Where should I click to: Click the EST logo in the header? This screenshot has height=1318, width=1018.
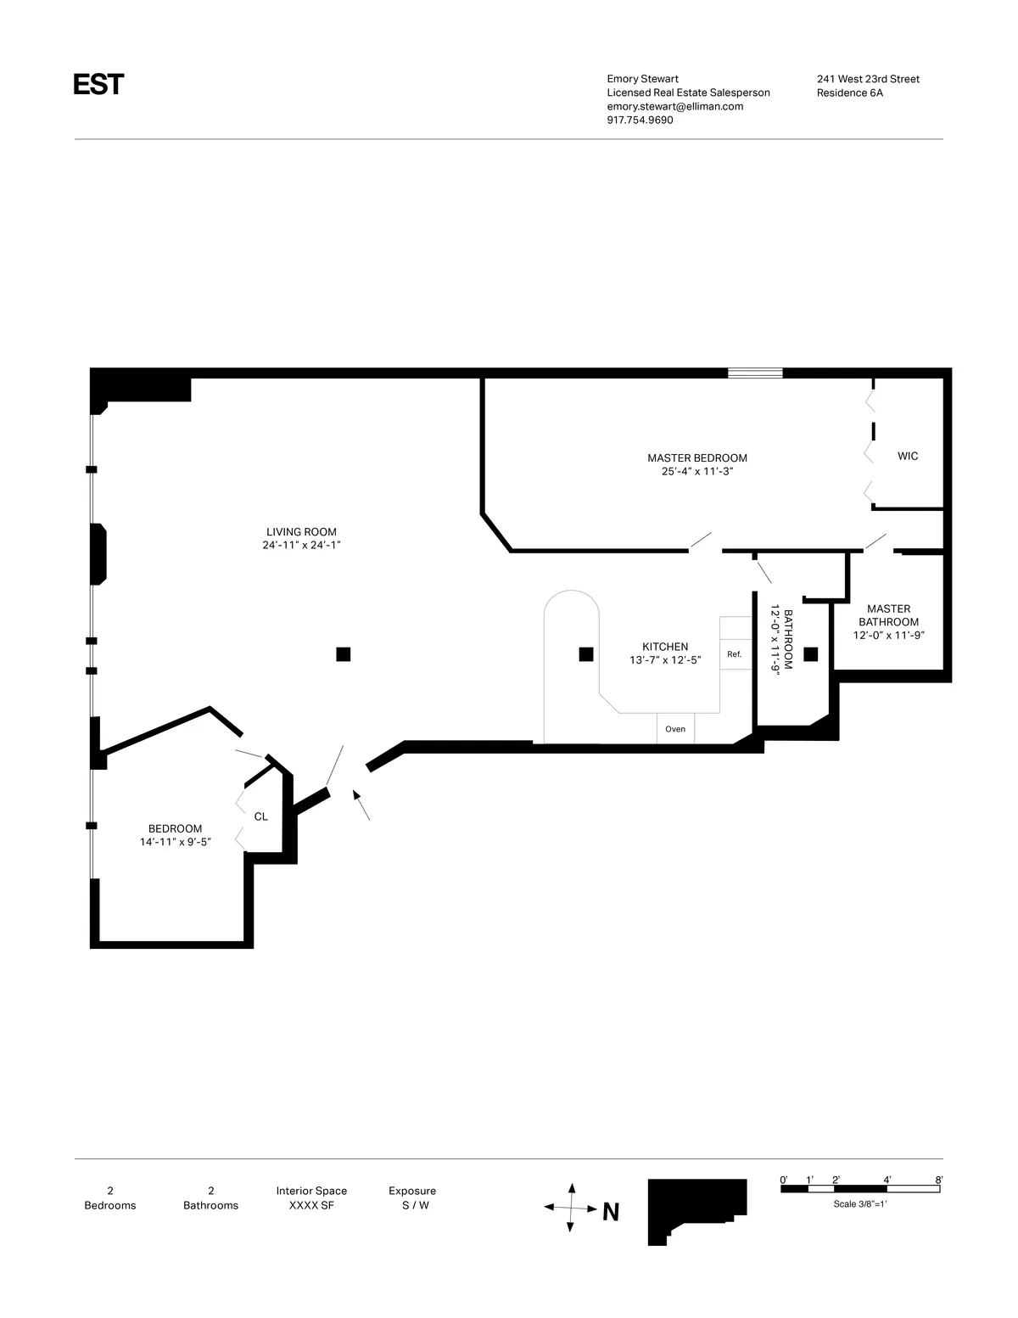(98, 85)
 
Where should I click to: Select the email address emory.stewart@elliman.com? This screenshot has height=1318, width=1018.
(674, 106)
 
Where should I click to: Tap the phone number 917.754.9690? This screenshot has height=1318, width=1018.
(640, 120)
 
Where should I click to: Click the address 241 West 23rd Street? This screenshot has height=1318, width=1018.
(868, 79)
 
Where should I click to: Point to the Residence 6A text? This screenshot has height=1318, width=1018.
(849, 93)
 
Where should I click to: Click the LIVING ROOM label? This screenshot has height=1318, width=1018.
(301, 532)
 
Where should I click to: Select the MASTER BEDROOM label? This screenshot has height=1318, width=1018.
(696, 458)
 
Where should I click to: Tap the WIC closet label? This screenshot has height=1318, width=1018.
(908, 457)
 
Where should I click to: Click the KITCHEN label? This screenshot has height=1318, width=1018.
(665, 647)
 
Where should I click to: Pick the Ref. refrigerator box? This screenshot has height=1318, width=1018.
(735, 654)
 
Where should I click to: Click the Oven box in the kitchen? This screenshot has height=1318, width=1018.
(675, 729)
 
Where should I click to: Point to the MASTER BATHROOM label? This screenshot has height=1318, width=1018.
(888, 615)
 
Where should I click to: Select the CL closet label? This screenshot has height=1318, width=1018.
(261, 816)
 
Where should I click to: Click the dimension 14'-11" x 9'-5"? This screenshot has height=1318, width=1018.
(175, 842)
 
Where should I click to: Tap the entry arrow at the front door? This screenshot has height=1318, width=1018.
(361, 805)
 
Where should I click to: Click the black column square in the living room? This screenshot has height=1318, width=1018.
(344, 653)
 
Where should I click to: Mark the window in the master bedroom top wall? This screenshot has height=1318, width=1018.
(755, 373)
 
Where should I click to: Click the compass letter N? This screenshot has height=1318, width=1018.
(610, 1212)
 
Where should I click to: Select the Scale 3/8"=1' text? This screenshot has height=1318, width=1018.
(859, 1203)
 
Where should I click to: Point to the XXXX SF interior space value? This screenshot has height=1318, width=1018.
(311, 1205)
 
